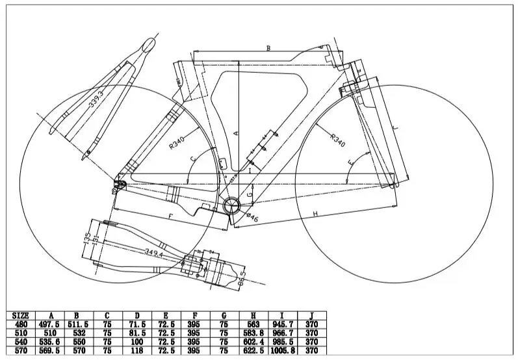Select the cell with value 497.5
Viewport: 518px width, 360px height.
point(51,324)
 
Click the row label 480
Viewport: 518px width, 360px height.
point(21,324)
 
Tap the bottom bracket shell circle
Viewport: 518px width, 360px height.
point(233,207)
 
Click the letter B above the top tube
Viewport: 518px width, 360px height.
point(268,48)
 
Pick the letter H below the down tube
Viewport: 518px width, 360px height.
point(314,213)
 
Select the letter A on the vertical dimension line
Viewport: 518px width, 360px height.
point(237,132)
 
